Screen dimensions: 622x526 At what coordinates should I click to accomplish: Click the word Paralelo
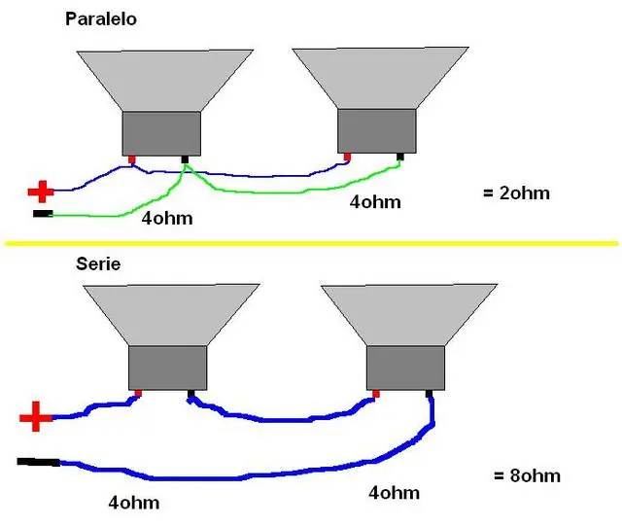click(x=101, y=19)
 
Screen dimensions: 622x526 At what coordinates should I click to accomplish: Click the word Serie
click(x=98, y=264)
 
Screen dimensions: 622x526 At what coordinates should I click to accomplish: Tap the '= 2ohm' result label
click(x=516, y=193)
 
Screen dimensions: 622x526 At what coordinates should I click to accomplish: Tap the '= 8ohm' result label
click(x=527, y=475)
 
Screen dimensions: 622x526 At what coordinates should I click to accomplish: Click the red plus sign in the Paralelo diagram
click(x=41, y=192)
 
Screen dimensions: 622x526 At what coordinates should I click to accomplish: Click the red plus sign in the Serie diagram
click(x=36, y=416)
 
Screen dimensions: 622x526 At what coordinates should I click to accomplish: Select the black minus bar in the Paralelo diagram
click(x=43, y=214)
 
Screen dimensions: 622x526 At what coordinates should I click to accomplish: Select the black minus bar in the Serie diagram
click(x=39, y=462)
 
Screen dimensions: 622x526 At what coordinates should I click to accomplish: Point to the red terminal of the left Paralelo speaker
click(x=132, y=159)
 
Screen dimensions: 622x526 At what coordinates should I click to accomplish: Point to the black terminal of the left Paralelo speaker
click(x=185, y=159)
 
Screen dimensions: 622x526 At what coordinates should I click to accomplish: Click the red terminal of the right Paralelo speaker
click(x=348, y=158)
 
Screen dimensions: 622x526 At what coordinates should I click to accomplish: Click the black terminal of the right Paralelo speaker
click(x=400, y=157)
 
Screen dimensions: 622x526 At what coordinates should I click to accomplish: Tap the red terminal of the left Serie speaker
click(x=138, y=394)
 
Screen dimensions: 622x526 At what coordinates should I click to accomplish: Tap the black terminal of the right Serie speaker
click(x=429, y=394)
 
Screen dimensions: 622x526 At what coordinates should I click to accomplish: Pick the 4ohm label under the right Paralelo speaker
click(x=375, y=202)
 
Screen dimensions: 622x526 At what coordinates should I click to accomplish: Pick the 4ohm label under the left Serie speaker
click(x=134, y=503)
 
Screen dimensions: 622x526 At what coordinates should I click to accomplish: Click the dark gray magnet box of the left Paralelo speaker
click(x=161, y=133)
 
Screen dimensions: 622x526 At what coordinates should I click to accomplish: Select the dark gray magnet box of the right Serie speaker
click(x=405, y=368)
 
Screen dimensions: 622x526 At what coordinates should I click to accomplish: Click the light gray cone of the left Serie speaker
click(x=171, y=314)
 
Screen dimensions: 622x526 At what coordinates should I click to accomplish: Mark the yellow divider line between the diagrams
click(x=311, y=243)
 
